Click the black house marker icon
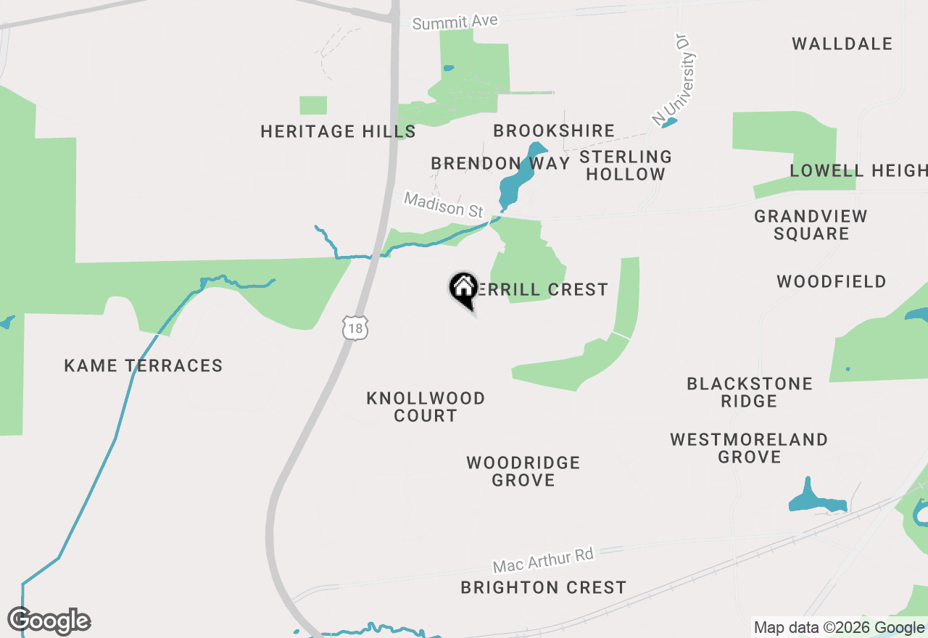[x=463, y=289]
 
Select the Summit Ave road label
[x=455, y=22]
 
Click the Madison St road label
[x=443, y=204]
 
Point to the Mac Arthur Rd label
[x=543, y=560]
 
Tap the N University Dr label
[x=674, y=88]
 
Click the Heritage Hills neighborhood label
[x=338, y=131]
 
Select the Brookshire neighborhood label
[x=554, y=130]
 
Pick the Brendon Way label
[x=500, y=163]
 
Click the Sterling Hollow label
[x=626, y=165]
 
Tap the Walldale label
[x=842, y=43]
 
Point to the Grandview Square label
[x=811, y=225]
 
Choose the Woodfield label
[x=831, y=281]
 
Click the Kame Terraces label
[x=144, y=365]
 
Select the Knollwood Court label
[x=426, y=407]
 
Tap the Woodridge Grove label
[x=523, y=471]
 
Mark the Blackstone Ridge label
[x=750, y=392]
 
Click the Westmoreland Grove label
[x=749, y=448]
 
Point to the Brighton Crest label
[x=543, y=587]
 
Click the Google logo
[x=49, y=621]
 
